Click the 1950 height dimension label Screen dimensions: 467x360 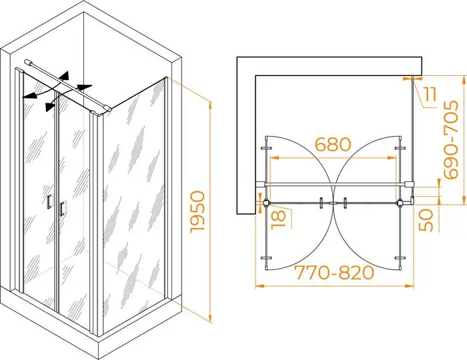coord(197,211)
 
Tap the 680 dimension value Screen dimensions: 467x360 coord(333,144)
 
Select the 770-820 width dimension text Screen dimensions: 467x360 coord(335,273)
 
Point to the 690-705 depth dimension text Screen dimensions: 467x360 coord(450,139)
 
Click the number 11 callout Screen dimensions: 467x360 coord(430,95)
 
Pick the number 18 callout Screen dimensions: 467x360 coord(278,220)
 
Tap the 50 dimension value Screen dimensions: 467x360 coord(426,220)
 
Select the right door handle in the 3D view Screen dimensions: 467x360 coord(61,208)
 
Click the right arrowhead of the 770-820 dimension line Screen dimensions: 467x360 coord(410,286)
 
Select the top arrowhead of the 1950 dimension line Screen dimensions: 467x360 coord(211,106)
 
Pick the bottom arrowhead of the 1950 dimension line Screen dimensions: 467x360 coord(211,319)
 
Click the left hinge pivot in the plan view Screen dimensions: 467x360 coord(266,203)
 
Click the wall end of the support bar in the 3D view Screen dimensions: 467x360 coord(27,61)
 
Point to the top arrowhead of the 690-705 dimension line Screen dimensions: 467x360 coord(464,80)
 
